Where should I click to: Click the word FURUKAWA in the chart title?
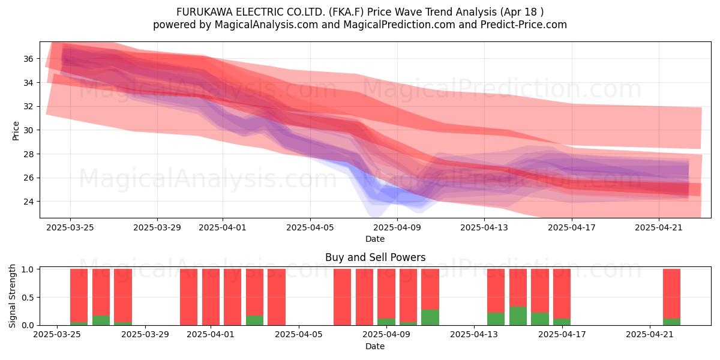tap(205, 12)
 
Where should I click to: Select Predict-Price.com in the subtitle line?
tap(524, 25)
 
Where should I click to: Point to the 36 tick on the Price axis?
tap(28, 59)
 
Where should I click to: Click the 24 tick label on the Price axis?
tap(28, 202)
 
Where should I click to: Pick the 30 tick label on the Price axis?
tap(28, 130)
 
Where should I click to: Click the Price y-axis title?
tap(16, 131)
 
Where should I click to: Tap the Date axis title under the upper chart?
tap(375, 239)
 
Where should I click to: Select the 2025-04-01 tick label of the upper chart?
tap(223, 227)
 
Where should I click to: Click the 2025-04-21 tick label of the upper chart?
tap(659, 227)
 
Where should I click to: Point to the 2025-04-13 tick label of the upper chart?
tap(484, 227)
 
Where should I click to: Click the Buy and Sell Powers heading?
tap(375, 257)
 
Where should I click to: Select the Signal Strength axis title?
tap(12, 296)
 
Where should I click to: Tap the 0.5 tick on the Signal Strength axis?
tap(28, 298)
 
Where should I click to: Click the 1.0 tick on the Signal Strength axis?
tap(28, 269)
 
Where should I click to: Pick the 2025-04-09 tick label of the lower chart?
tap(386, 335)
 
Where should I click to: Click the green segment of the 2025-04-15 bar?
tap(518, 316)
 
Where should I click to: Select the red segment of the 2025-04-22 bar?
tap(671, 294)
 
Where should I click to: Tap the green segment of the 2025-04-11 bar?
tap(430, 317)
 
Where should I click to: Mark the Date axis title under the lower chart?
tap(375, 346)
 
